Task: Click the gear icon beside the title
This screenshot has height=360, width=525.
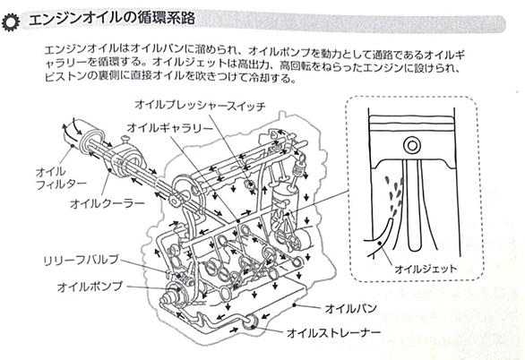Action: tap(11, 23)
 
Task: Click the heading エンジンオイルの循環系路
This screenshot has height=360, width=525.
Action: tap(112, 19)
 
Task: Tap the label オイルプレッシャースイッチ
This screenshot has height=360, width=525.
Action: tap(200, 106)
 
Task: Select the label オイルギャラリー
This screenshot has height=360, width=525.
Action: tap(170, 128)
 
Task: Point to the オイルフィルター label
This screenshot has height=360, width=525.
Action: tap(61, 177)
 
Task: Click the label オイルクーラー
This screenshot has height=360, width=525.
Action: tap(108, 203)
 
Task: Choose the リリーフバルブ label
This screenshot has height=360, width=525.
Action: tap(82, 261)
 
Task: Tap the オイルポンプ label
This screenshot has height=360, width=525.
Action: tap(90, 287)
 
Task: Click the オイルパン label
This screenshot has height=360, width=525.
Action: tap(351, 308)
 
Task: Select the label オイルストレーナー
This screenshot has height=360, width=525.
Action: tap(334, 333)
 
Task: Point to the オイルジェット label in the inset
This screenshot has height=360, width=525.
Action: tap(426, 269)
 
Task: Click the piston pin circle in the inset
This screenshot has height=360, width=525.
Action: tap(412, 146)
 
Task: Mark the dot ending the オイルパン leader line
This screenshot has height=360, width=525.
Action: tap(295, 304)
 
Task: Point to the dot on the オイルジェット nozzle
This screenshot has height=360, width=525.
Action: tap(379, 243)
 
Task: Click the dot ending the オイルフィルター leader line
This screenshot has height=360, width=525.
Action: tap(73, 146)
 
